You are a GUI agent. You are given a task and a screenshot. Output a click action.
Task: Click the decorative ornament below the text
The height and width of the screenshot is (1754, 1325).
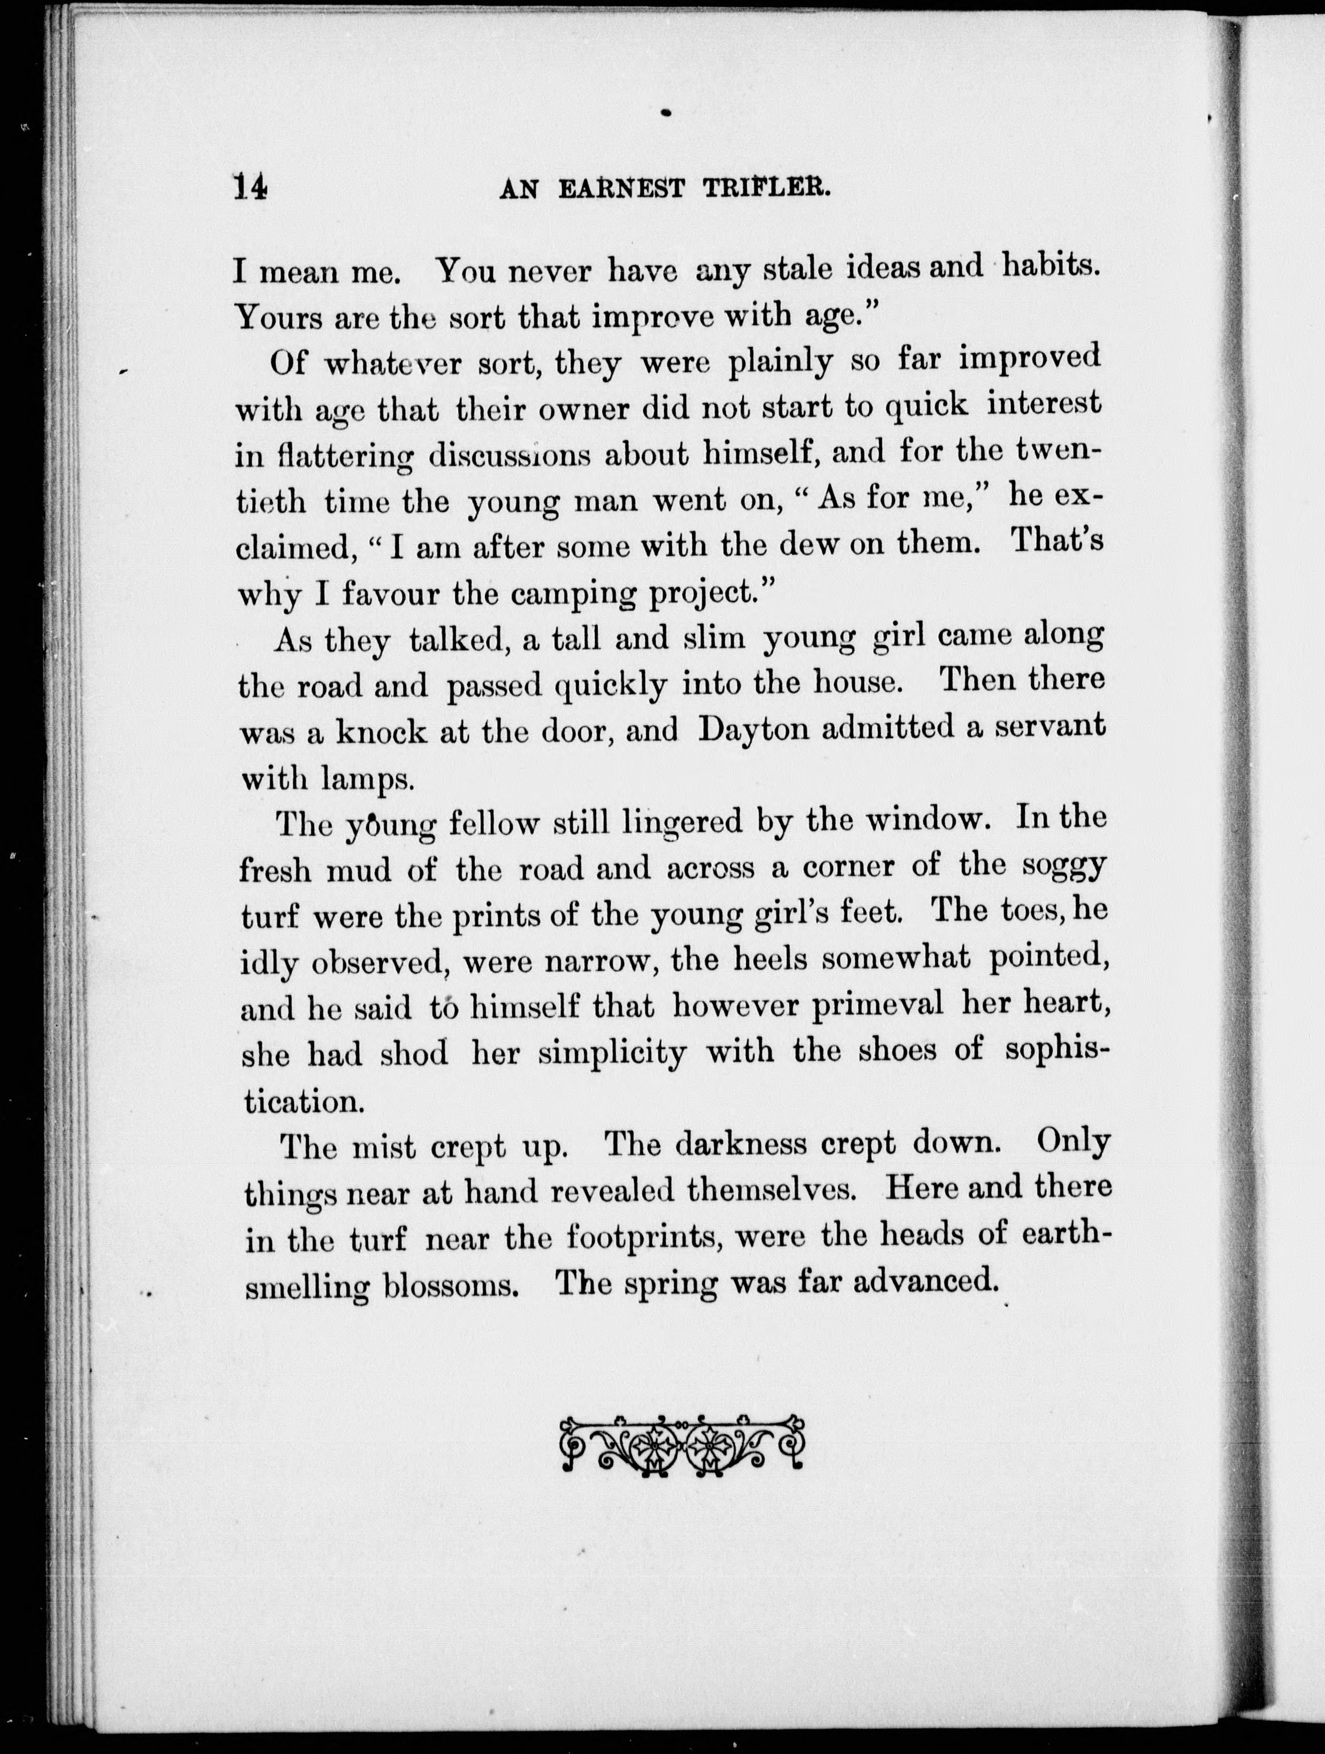tap(682, 1447)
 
